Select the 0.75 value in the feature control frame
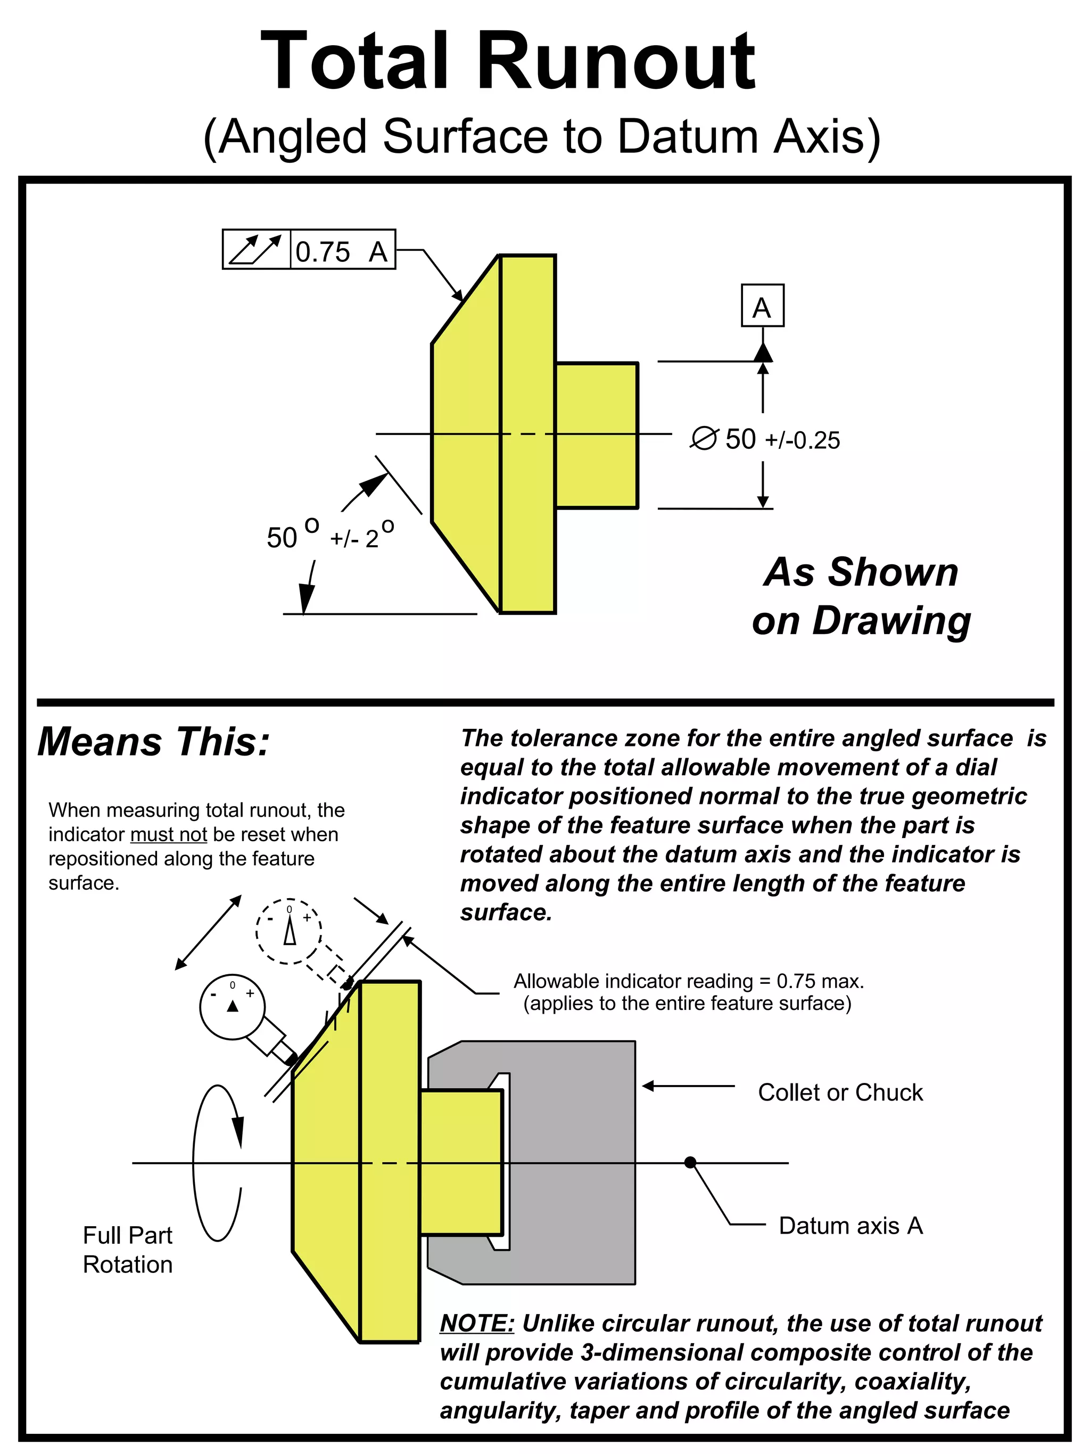tap(323, 252)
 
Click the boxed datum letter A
tap(762, 306)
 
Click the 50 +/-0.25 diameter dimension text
tap(782, 439)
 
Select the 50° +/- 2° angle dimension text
tap(330, 536)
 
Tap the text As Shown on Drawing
tap(861, 596)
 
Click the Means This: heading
tap(154, 742)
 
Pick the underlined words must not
tap(169, 835)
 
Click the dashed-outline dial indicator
tap(288, 931)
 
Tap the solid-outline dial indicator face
tap(232, 1007)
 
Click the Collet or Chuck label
tap(840, 1092)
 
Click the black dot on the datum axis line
tap(690, 1163)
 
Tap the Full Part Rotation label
tap(127, 1250)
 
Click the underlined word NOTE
tap(477, 1323)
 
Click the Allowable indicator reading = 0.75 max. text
tap(689, 981)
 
